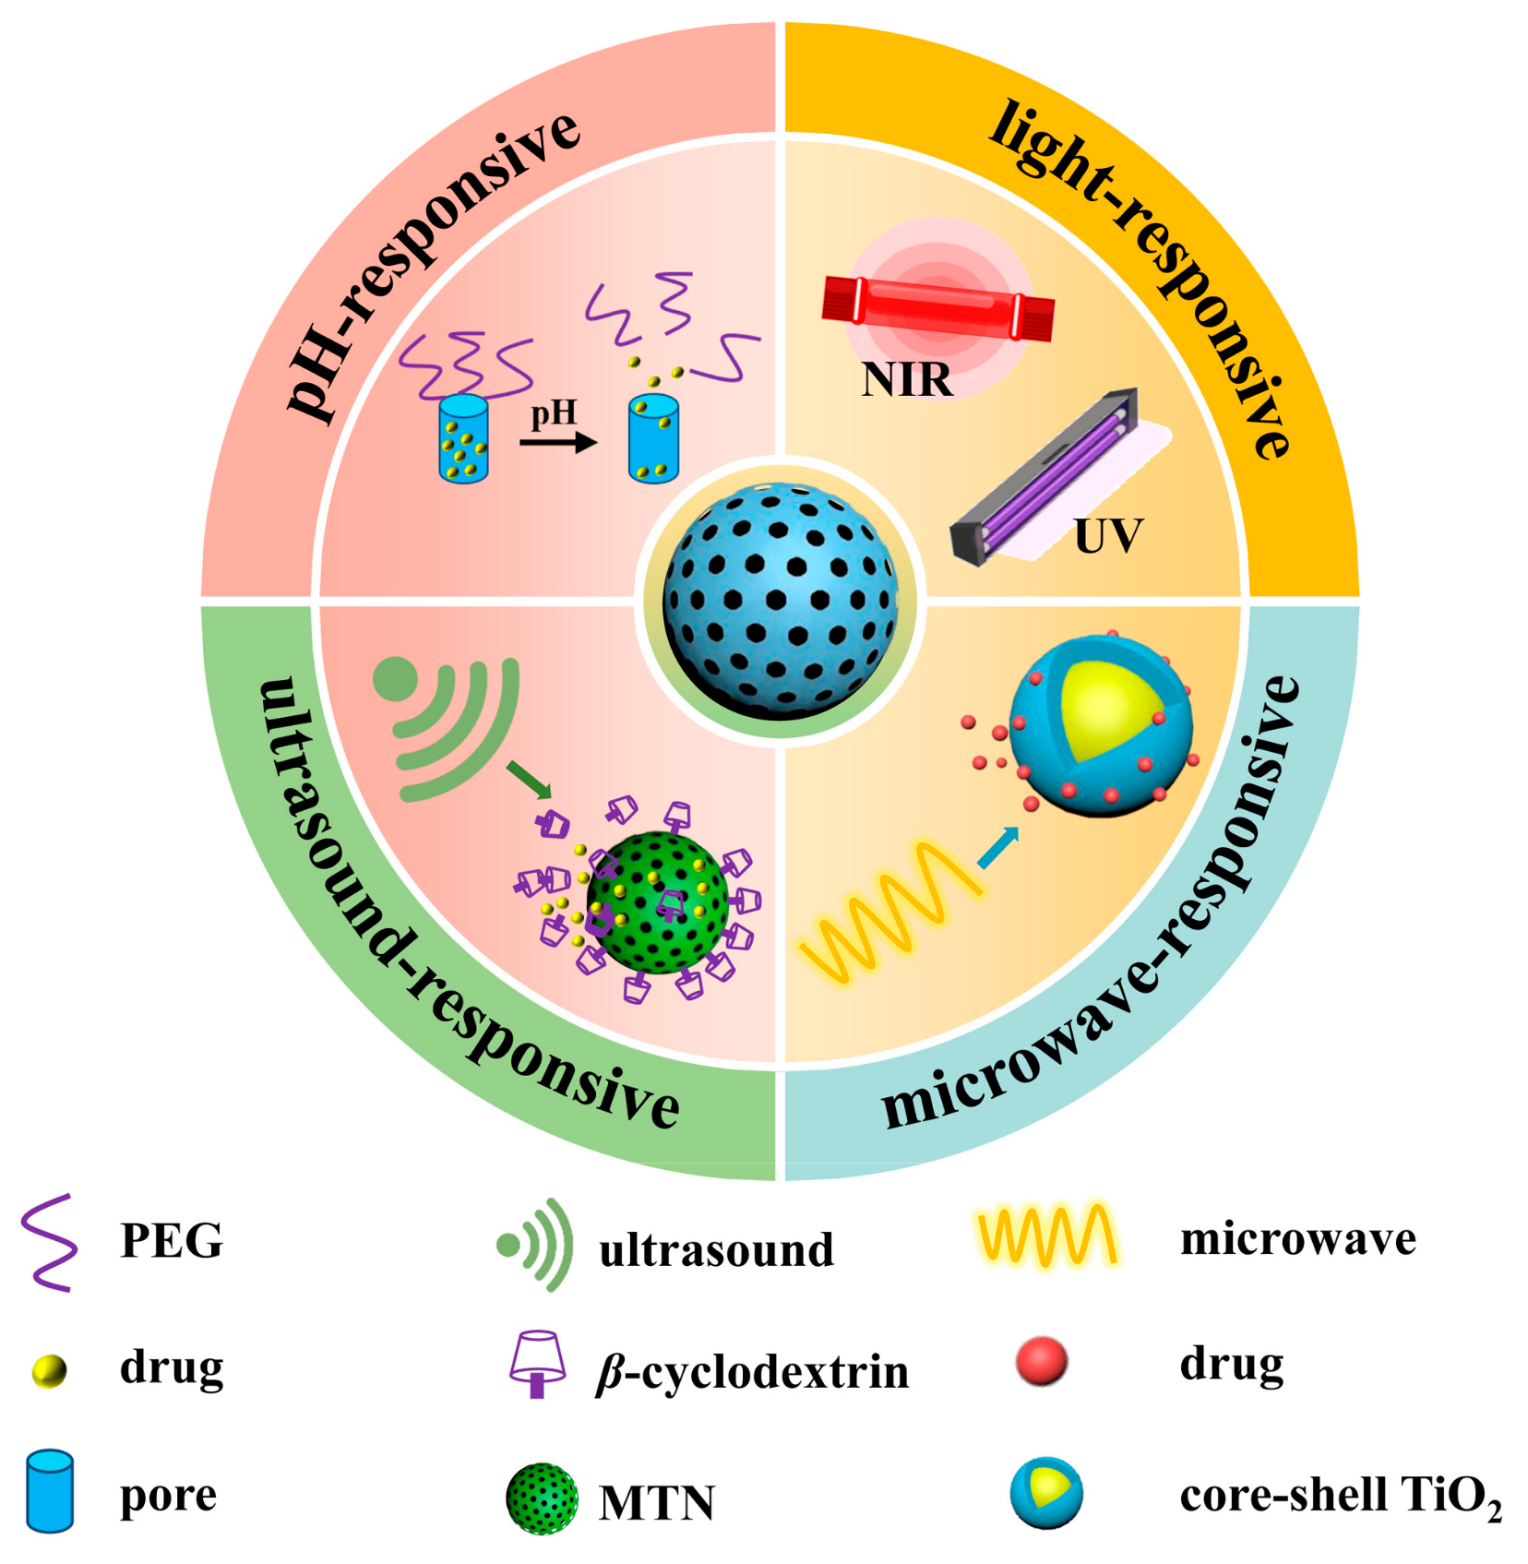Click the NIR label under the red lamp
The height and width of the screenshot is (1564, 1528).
pyautogui.click(x=906, y=379)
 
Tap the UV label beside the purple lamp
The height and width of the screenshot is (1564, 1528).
pyautogui.click(x=1107, y=535)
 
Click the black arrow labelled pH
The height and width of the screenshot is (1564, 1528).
pyautogui.click(x=557, y=443)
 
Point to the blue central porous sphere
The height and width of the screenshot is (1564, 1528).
pyautogui.click(x=780, y=600)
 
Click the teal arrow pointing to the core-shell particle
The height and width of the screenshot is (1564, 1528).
pyautogui.click(x=997, y=847)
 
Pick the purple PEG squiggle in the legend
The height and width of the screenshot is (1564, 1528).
pyautogui.click(x=49, y=1241)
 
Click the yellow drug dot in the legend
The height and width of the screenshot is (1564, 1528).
pyautogui.click(x=49, y=1370)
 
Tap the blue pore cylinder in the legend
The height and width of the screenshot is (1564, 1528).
pyautogui.click(x=49, y=1491)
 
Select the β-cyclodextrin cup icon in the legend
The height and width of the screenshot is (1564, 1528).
pyautogui.click(x=538, y=1364)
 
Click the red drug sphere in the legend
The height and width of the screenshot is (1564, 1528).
pyautogui.click(x=1041, y=1361)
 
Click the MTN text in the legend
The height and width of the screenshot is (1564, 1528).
pyautogui.click(x=656, y=1502)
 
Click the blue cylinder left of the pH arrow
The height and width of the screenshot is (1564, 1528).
pyautogui.click(x=463, y=438)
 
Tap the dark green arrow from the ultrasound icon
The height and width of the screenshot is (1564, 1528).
pyautogui.click(x=529, y=781)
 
